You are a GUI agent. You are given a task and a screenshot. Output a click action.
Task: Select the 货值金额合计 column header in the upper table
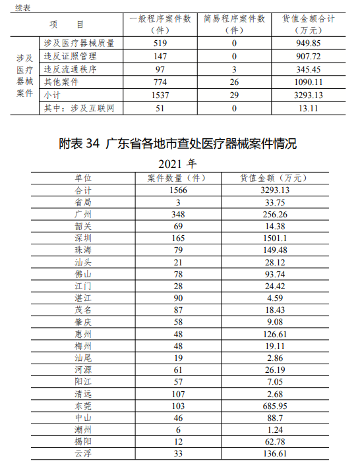pos(308,24)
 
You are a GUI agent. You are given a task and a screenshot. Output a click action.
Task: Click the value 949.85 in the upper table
pos(308,43)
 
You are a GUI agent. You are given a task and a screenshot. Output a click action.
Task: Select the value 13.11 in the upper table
pos(308,108)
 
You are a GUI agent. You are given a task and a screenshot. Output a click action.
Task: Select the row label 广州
pos(84,215)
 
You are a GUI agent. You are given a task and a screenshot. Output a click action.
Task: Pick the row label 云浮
pos(84,454)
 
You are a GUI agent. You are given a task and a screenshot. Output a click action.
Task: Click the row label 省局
pos(84,202)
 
